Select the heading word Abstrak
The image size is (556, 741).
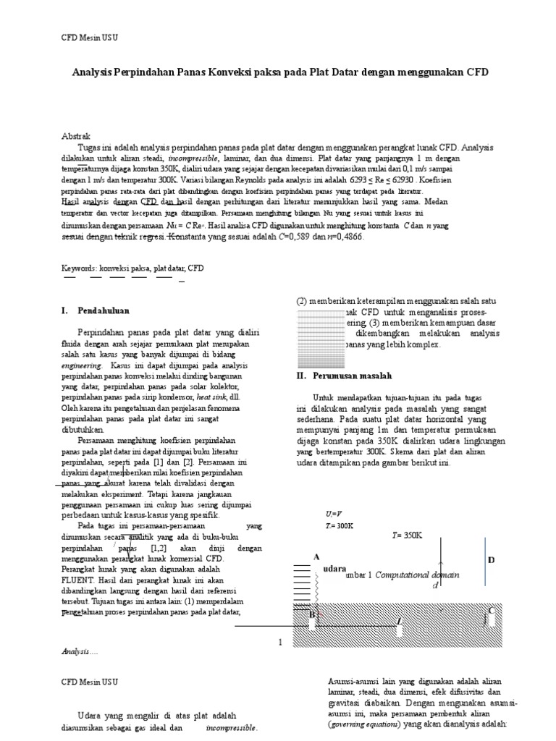[x=75, y=136]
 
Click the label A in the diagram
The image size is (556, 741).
[x=316, y=556]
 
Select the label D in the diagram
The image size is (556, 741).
[x=491, y=560]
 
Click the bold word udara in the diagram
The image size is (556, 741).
[x=334, y=569]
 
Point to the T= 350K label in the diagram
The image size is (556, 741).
[x=406, y=535]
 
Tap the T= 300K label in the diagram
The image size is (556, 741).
[x=340, y=525]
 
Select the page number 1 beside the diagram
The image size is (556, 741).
[x=280, y=642]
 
